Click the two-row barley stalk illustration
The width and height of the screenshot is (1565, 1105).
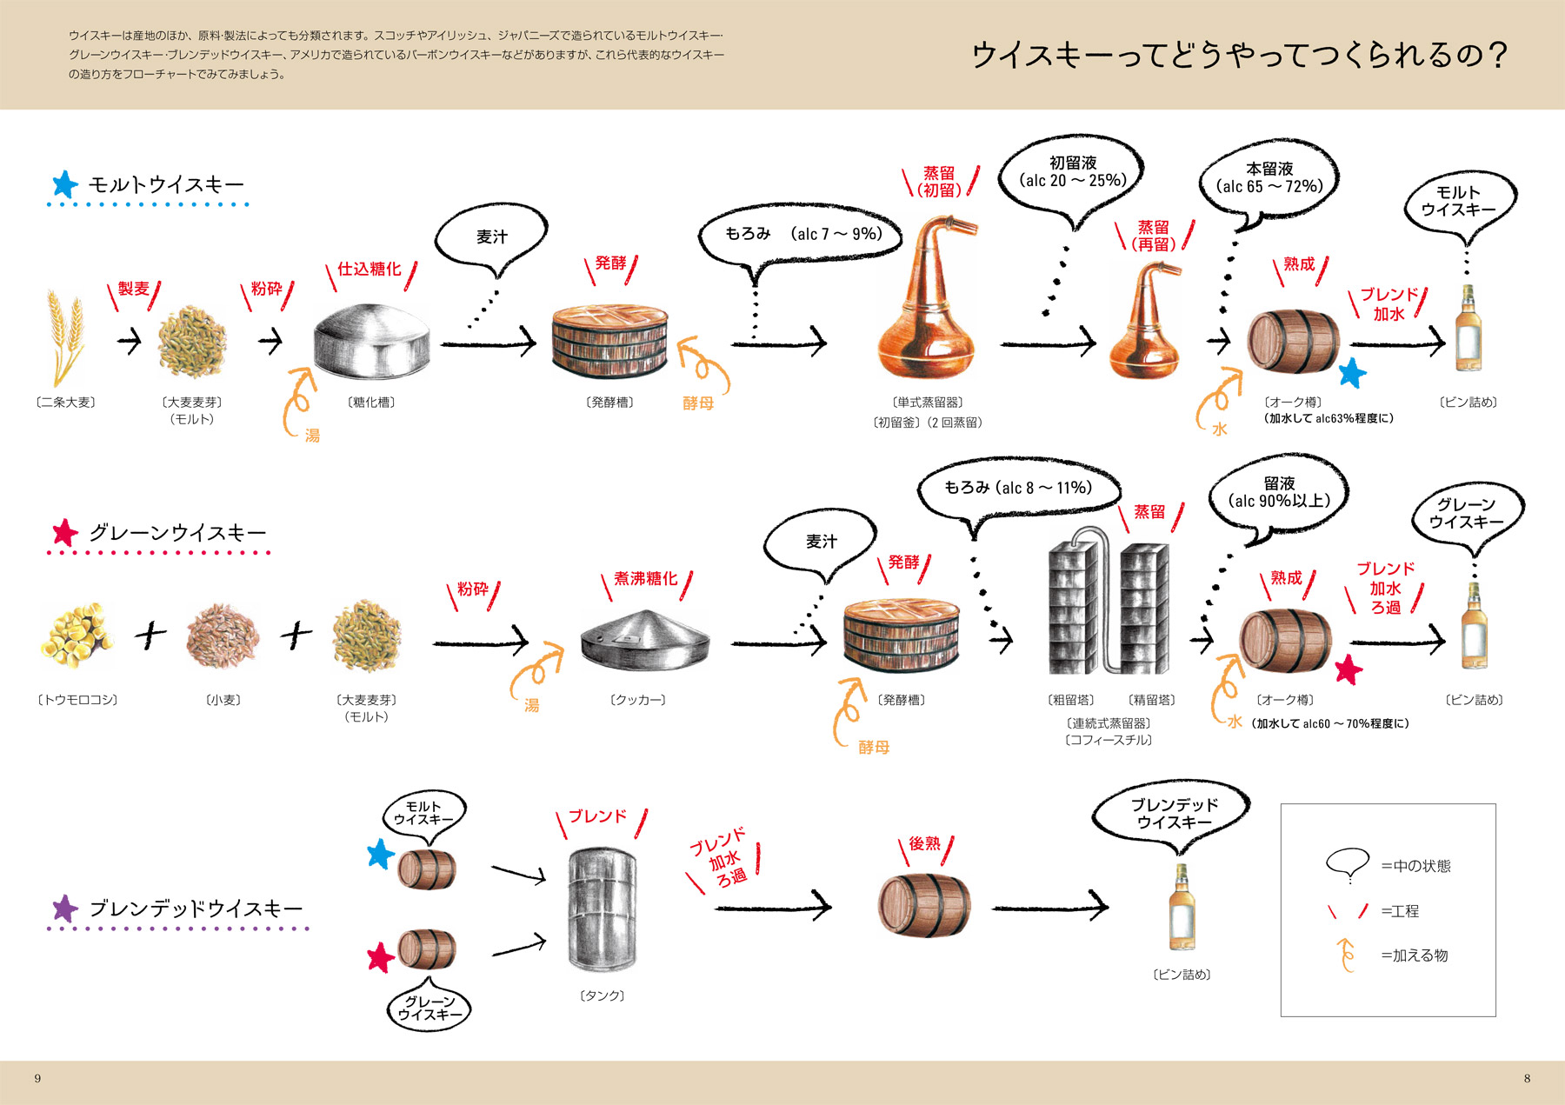pyautogui.click(x=66, y=337)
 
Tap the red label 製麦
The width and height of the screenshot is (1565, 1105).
pyautogui.click(x=134, y=289)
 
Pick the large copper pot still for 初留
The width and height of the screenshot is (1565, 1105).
pyautogui.click(x=928, y=304)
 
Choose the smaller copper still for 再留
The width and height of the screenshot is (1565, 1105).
pyautogui.click(x=1145, y=326)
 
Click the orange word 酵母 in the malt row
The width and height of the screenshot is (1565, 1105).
pyautogui.click(x=697, y=403)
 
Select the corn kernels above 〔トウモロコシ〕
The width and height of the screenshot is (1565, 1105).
pyautogui.click(x=77, y=636)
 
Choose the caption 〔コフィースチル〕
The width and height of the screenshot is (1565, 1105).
pyautogui.click(x=1109, y=740)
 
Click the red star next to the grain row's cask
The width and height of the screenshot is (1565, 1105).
pyautogui.click(x=1348, y=669)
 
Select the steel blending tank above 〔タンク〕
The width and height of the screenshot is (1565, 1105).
pyautogui.click(x=602, y=909)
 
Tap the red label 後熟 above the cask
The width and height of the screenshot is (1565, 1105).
pyautogui.click(x=924, y=843)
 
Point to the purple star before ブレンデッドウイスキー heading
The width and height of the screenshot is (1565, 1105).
pyautogui.click(x=65, y=909)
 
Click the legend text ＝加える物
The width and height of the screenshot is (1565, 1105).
pyautogui.click(x=1415, y=955)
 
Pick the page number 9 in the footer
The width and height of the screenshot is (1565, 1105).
pyautogui.click(x=37, y=1078)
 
